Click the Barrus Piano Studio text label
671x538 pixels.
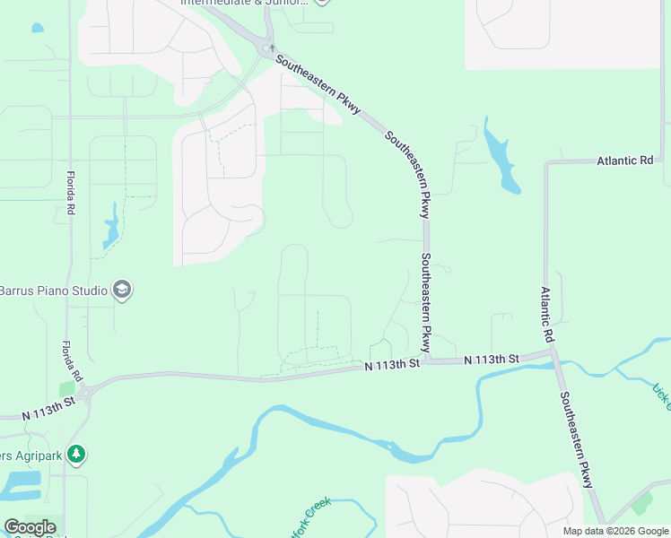click(52, 291)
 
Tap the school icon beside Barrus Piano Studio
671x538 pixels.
click(122, 290)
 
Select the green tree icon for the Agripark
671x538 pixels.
click(77, 455)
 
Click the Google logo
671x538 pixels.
click(30, 527)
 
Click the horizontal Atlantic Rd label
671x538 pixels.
click(625, 161)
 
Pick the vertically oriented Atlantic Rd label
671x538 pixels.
click(546, 313)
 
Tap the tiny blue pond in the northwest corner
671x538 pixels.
click(37, 28)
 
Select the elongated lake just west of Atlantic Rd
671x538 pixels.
click(501, 157)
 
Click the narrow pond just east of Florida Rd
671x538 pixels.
click(111, 226)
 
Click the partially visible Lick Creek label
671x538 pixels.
click(661, 392)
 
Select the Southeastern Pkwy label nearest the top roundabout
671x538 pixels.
click(318, 84)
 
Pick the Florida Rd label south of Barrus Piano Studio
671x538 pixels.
click(72, 360)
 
